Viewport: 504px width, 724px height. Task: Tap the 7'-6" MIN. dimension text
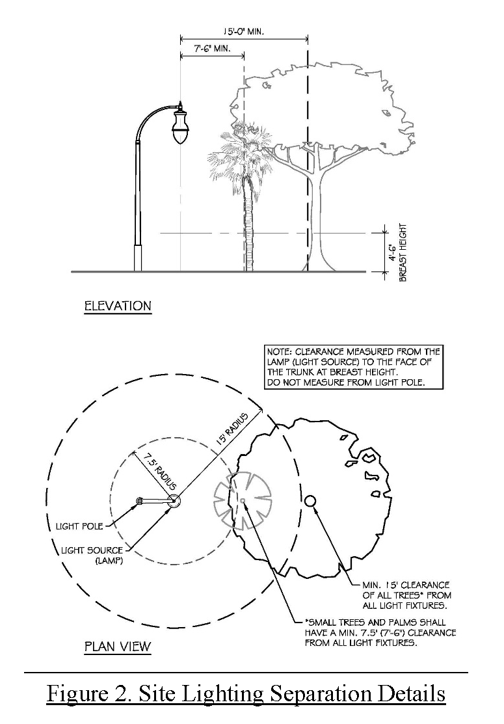tap(211, 48)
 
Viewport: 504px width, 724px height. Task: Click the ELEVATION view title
tap(118, 306)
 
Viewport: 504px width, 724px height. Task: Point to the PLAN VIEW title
tap(118, 647)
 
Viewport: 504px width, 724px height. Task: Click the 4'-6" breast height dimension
tap(392, 249)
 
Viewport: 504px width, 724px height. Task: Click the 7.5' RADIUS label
tap(152, 473)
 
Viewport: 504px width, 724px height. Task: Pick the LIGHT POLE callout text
tap(75, 526)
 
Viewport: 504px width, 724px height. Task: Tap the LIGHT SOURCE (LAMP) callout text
tap(91, 555)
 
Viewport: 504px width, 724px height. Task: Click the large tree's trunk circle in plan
tap(310, 500)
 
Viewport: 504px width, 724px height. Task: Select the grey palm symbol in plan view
tap(241, 500)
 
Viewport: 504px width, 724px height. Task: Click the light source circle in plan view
tap(174, 500)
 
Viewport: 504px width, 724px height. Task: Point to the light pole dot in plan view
tap(139, 501)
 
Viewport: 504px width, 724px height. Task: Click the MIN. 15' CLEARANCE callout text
tap(406, 595)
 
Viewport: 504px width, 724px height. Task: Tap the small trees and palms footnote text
tap(380, 632)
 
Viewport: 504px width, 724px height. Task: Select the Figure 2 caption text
tap(246, 694)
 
